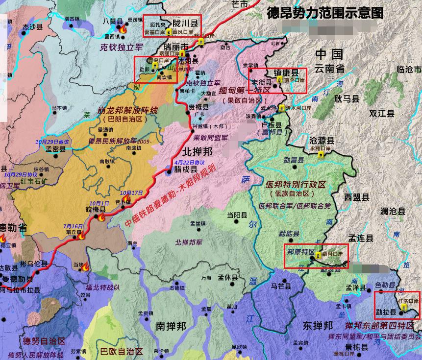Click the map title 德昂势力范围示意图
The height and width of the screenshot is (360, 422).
tap(325, 13)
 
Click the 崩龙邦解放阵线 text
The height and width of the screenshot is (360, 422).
tap(127, 110)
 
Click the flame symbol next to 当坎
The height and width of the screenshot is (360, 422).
tap(86, 267)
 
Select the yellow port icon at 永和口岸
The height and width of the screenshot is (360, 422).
tap(321, 154)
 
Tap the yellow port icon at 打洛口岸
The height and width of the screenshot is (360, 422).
tap(403, 307)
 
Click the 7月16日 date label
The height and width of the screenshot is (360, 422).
tap(73, 226)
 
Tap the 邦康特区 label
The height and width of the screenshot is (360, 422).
tap(300, 251)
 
